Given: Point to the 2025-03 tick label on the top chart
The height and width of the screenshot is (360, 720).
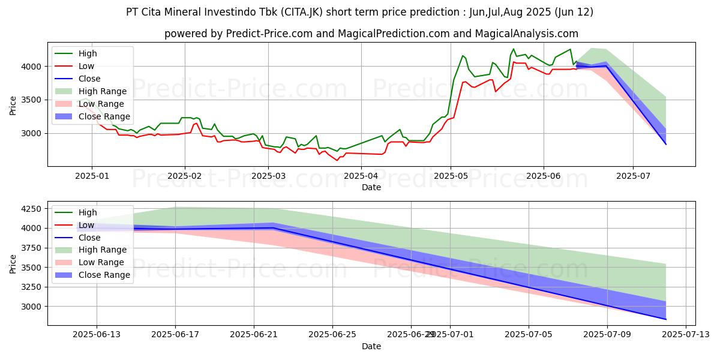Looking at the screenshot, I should point(268,176).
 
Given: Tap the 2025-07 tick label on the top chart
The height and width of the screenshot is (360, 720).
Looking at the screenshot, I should point(633,176).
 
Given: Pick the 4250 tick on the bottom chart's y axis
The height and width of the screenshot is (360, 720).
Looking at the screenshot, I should point(29,209).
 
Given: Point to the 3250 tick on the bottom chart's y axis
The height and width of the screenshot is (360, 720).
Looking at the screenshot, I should point(29,287).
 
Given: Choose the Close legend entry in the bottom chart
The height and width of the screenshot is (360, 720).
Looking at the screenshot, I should point(90,238).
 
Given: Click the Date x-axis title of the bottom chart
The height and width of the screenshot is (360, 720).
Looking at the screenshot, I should point(371,346).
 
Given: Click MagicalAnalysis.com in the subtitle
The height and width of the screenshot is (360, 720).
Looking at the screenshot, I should point(526,34).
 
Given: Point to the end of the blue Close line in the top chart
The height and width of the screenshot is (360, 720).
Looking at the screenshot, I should point(665,144).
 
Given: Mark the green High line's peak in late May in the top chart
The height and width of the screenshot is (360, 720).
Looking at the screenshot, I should point(513,49).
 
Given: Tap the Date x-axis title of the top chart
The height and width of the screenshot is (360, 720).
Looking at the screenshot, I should point(371,187).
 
